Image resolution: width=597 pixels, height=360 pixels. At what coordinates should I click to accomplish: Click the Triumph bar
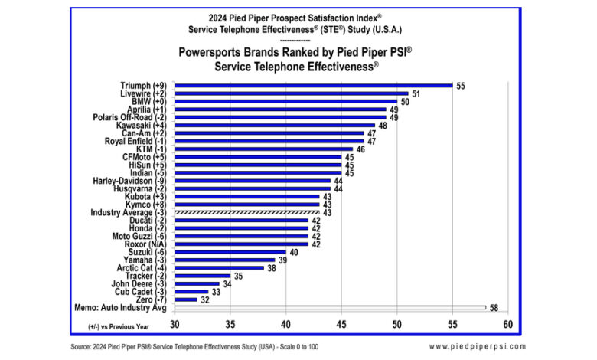[x=314, y=85]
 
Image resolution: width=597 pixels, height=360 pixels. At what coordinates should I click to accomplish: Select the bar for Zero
[x=186, y=299]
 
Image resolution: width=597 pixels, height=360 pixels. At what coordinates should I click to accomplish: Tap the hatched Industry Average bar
[x=247, y=212]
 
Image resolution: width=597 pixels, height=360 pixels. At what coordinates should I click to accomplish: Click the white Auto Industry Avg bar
[x=330, y=308]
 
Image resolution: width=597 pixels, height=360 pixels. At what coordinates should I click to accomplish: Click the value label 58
[x=494, y=308]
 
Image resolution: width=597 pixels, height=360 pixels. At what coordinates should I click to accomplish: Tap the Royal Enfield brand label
[x=138, y=141]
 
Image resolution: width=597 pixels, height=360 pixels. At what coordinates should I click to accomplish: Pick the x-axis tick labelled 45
[x=341, y=324]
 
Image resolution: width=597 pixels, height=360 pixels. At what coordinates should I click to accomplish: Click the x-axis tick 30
[x=175, y=324]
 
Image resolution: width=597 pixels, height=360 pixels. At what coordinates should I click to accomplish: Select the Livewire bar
[x=292, y=93]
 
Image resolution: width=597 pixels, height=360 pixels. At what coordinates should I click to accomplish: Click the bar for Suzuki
[x=230, y=252]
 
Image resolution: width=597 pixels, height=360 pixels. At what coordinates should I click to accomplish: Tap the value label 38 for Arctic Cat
[x=270, y=268]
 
